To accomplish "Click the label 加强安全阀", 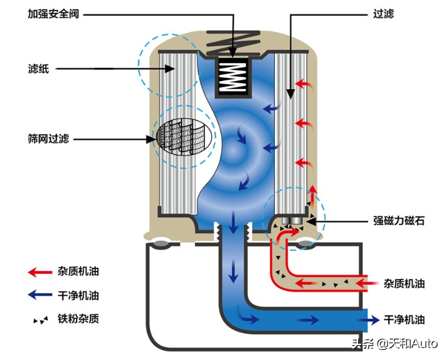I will [x=54, y=14].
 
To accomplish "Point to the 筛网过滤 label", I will [x=49, y=140].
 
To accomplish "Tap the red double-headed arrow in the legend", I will [x=41, y=272].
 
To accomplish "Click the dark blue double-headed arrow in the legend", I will [x=41, y=296].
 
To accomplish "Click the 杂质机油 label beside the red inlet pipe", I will [x=404, y=283].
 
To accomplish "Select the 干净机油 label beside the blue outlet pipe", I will [x=404, y=320].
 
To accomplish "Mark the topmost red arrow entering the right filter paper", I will [x=303, y=84].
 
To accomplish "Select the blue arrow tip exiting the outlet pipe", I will [x=374, y=320].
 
